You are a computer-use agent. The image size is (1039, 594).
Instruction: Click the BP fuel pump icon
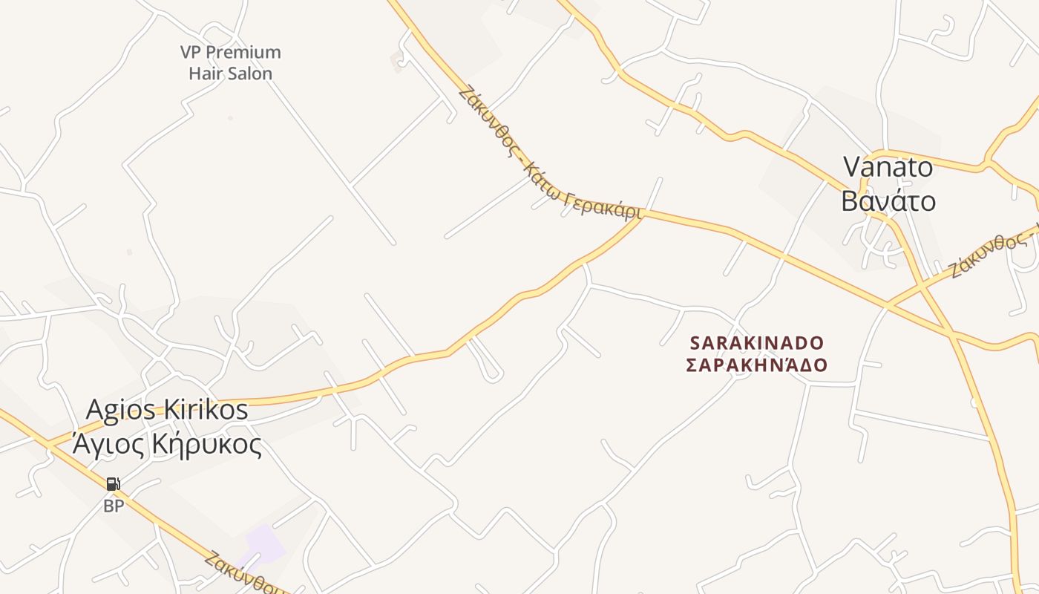[113, 485]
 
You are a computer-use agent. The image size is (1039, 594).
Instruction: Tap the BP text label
[113, 506]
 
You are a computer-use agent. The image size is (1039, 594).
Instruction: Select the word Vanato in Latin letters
[888, 167]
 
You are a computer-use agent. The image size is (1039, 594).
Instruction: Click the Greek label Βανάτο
[888, 200]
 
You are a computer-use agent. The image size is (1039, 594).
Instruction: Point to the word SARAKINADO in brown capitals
[757, 343]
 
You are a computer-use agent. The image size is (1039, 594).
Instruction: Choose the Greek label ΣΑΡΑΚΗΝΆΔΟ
[756, 365]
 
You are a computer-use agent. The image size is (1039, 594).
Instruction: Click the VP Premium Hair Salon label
[230, 62]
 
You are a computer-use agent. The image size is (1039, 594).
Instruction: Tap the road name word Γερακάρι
[603, 206]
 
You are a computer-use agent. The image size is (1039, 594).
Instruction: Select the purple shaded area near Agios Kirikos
[264, 546]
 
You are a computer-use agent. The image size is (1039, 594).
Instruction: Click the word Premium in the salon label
[243, 52]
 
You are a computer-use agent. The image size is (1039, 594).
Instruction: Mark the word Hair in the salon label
[206, 74]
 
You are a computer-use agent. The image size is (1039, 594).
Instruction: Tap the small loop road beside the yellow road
[488, 364]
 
